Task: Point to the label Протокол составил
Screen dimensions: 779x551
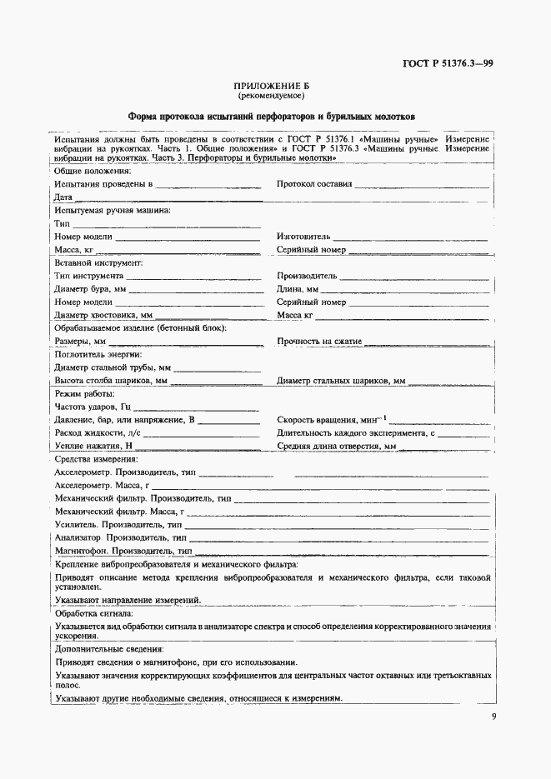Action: (315, 183)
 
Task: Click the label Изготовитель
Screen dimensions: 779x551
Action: (303, 237)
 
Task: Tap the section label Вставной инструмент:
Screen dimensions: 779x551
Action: (98, 262)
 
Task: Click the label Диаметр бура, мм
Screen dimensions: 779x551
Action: (90, 289)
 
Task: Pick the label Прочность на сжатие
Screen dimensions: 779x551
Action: (320, 342)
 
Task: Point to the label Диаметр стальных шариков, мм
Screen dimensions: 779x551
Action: (341, 381)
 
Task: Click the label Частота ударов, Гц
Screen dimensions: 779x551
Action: (93, 407)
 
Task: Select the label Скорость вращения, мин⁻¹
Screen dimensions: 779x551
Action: (331, 420)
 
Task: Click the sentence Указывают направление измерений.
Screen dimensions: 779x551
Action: (128, 600)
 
